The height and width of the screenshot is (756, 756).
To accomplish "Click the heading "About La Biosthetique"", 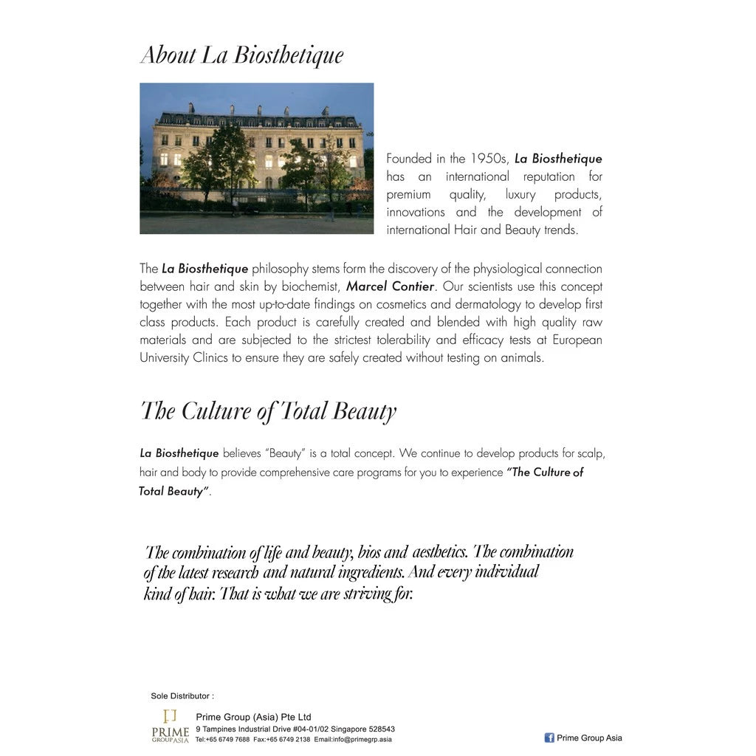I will click(x=241, y=55).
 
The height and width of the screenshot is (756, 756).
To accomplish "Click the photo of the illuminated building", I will click(x=256, y=158).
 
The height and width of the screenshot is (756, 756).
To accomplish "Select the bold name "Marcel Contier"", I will click(x=390, y=286).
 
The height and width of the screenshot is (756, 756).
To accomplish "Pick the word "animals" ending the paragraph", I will click(x=520, y=357).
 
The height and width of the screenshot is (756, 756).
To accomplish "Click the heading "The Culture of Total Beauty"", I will click(x=268, y=411).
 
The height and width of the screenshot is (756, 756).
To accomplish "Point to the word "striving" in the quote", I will click(x=366, y=594).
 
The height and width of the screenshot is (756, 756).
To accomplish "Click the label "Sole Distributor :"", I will click(x=182, y=695).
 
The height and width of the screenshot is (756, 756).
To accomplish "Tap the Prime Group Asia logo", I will click(x=170, y=726).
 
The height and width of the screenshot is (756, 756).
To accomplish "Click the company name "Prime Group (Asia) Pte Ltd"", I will click(x=253, y=717).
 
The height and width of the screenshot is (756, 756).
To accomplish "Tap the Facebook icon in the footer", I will click(x=549, y=738).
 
